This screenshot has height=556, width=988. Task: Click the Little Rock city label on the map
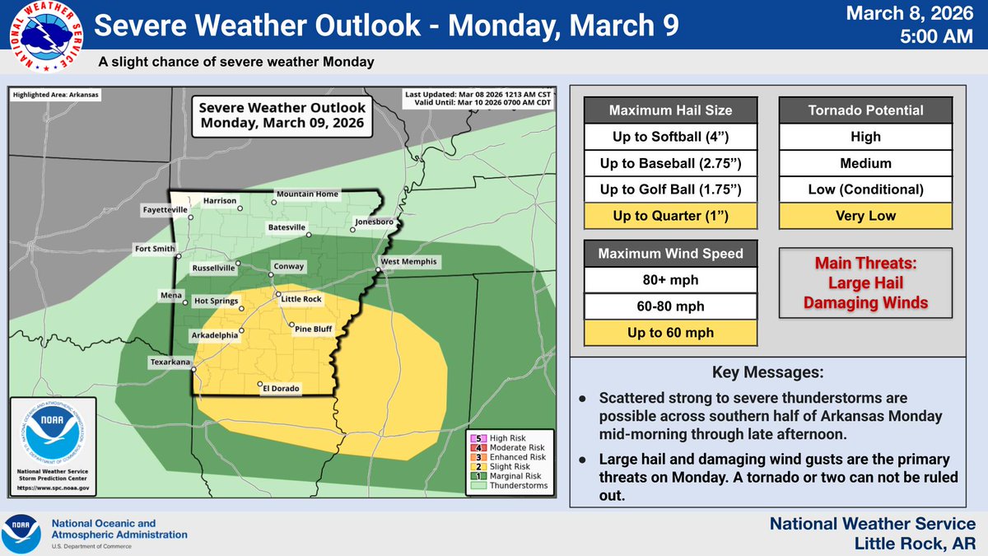[x=301, y=299]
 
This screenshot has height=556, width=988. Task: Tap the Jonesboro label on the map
[x=375, y=222]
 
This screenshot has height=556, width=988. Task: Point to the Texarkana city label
[x=171, y=362]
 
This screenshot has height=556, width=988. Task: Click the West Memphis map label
[x=409, y=262]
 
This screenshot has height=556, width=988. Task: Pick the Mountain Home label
[x=306, y=194]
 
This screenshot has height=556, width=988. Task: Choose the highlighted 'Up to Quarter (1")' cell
[x=671, y=217]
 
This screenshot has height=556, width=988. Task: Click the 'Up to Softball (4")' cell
[x=671, y=137]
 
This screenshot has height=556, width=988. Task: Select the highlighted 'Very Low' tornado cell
[x=866, y=217]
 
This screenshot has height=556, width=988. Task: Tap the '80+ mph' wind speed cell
[x=671, y=280]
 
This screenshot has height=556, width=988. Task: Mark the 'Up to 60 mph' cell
[x=671, y=333]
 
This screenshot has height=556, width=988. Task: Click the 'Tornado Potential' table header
[x=866, y=110]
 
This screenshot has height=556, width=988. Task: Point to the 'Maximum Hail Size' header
[x=671, y=110]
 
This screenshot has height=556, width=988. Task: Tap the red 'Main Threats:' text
[x=865, y=266]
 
